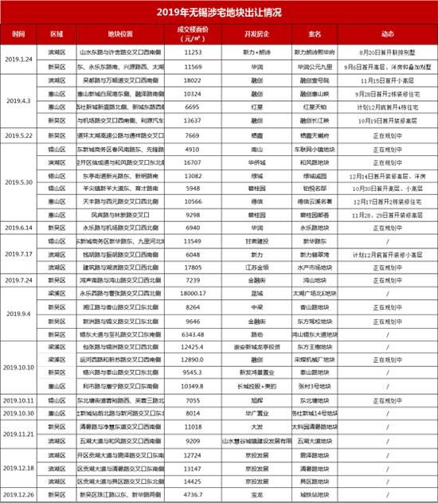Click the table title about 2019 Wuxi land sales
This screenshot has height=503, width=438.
tap(219, 11)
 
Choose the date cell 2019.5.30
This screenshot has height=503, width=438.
tap(19, 180)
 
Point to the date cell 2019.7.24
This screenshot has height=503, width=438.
tap(19, 280)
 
